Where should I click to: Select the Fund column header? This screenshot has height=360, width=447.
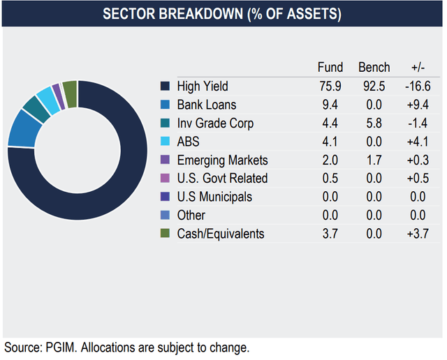click(x=330, y=68)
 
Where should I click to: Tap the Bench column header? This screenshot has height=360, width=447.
click(x=374, y=68)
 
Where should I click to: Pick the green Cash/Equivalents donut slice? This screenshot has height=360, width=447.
click(x=70, y=89)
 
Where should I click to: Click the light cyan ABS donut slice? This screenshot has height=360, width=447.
click(x=46, y=98)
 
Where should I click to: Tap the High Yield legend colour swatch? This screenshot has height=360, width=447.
click(x=165, y=87)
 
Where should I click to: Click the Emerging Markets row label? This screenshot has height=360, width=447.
click(x=222, y=160)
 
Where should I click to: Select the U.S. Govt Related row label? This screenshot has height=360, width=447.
click(x=222, y=178)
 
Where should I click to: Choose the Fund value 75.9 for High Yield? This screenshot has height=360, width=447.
click(x=330, y=87)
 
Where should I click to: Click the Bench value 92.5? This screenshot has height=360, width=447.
click(x=374, y=87)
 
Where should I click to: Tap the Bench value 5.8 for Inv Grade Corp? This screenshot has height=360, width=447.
click(x=374, y=123)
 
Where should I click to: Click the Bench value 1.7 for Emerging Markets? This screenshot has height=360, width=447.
click(x=374, y=160)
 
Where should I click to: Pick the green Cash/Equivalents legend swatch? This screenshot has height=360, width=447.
click(x=165, y=234)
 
